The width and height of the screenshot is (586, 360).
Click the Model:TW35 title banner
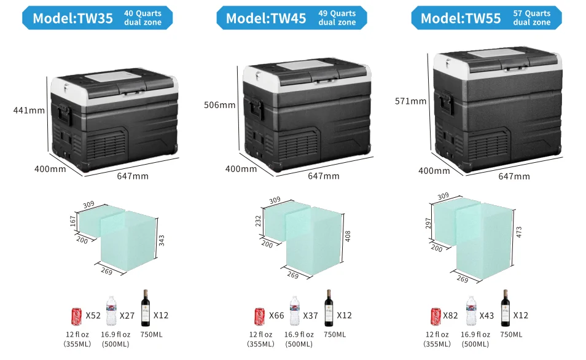coord(97,18)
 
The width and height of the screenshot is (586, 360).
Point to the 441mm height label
coord(29,111)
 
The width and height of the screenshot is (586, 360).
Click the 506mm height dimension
coord(219,105)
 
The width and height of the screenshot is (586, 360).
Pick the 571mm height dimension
coord(410,101)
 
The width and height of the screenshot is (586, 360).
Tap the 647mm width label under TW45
coord(323,176)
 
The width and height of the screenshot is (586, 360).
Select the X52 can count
coord(93,316)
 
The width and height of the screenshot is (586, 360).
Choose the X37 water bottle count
coord(310,316)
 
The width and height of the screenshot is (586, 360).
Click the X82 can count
coord(450,316)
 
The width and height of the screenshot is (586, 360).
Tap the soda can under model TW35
coord(77,316)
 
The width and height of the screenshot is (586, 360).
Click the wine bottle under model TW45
coord(328,308)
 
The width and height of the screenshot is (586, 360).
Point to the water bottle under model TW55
coord(471,311)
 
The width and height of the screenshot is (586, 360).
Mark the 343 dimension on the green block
coord(162,239)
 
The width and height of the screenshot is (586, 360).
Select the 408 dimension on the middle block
coord(348,237)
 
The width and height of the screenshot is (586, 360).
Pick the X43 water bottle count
coord(486,316)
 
